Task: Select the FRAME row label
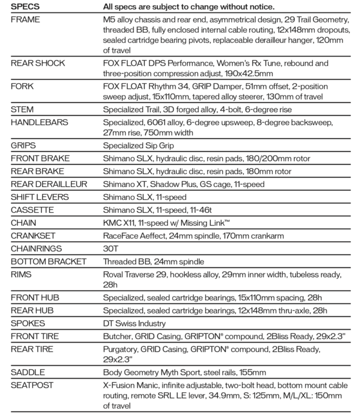[25, 20]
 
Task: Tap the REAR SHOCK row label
[38, 63]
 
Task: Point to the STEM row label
[22, 110]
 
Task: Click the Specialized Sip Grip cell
[138, 146]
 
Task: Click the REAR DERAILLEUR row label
[49, 184]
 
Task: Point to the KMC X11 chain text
[120, 223]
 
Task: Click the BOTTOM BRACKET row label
[49, 262]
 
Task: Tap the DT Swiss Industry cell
[134, 323]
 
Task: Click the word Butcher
[117, 336]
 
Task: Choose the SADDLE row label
[28, 372]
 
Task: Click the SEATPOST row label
[32, 385]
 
